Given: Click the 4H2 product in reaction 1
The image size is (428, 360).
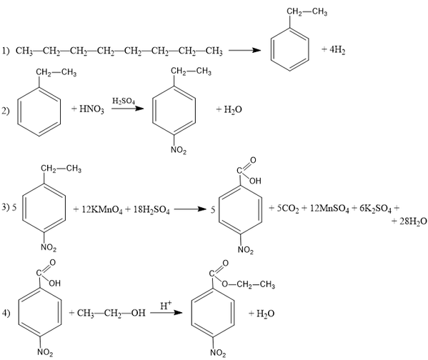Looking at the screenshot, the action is pos(337,50).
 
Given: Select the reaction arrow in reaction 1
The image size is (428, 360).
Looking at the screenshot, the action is pos(244,50).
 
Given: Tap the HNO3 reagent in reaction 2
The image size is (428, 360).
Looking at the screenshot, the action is pos(91,109).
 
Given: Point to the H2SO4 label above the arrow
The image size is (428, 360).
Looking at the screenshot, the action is pos(124,101).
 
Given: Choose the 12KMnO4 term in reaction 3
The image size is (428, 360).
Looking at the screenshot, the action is pos(102,210).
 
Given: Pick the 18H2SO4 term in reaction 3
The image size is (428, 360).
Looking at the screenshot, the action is pos(151,210).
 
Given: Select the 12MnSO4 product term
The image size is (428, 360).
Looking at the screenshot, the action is pos(329,209).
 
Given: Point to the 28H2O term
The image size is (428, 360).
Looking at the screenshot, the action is pos(413,221).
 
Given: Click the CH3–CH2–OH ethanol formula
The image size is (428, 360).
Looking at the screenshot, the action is pos(111,313).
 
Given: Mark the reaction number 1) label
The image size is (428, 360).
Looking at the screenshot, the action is pos(6,51).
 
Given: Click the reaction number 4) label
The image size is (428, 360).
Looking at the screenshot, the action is pos(6,313).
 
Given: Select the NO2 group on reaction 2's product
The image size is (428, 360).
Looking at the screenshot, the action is pos(179,150).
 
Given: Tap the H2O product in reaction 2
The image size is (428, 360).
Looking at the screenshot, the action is pos(233,110).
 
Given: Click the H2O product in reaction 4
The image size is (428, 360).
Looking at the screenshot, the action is pos(265,314).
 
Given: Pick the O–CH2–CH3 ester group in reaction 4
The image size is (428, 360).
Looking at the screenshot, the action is pos(249,285).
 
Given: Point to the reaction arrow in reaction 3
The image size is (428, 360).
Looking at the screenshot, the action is pos(190,209).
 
